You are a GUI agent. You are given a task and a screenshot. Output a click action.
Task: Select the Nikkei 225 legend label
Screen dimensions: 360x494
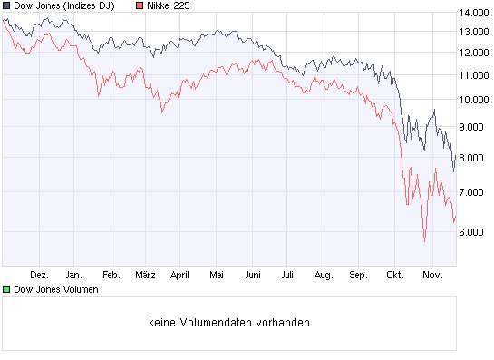[x=169, y=6]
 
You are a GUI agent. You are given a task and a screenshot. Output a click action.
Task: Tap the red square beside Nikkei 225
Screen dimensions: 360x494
[x=139, y=6]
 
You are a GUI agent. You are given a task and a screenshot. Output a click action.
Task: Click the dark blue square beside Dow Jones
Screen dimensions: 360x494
[x=6, y=6]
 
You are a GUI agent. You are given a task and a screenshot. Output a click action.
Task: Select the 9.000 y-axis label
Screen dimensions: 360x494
[x=477, y=128]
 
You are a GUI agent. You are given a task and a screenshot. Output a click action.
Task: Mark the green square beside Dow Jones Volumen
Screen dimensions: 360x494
[x=6, y=289]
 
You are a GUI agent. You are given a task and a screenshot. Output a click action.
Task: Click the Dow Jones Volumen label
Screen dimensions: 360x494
[x=56, y=289]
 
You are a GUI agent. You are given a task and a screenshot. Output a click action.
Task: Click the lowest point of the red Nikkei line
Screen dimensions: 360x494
[x=424, y=241]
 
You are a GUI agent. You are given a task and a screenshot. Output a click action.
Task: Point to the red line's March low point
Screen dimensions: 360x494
[x=161, y=112]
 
